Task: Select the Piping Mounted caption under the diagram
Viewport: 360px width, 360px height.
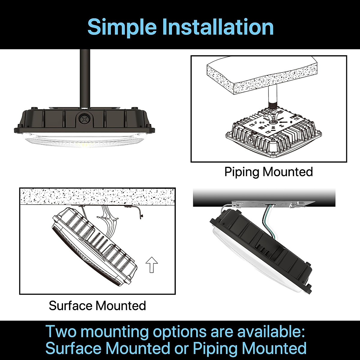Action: coord(268,172)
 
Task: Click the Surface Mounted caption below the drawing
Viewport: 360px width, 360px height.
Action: coord(97,306)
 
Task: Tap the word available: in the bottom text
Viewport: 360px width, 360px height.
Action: coord(271,332)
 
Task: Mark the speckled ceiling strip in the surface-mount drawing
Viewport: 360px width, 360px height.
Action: coord(97,196)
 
